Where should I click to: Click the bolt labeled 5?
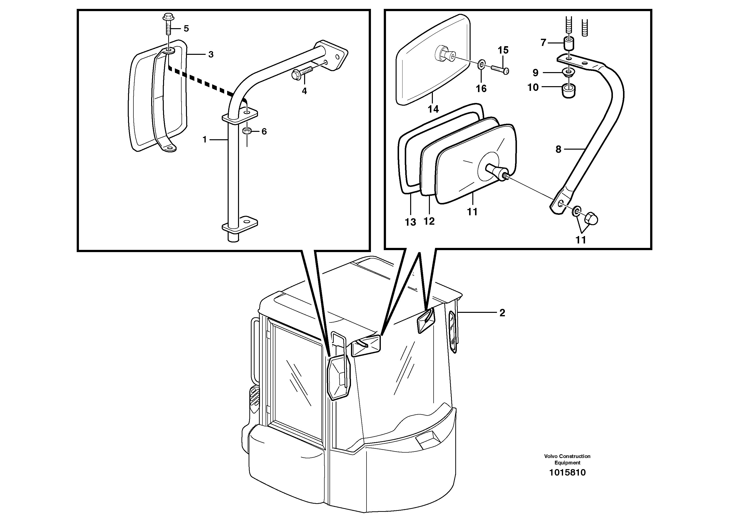coord(168,25)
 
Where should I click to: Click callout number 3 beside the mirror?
coord(211,55)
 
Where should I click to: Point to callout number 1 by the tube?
coord(205,140)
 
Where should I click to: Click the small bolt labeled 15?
coord(501,69)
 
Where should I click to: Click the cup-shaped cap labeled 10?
coord(568,91)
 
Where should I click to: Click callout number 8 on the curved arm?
coord(558,149)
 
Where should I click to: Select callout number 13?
coord(410,222)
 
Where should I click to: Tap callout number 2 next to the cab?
coord(502,313)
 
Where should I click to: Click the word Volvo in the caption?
coord(550,456)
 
